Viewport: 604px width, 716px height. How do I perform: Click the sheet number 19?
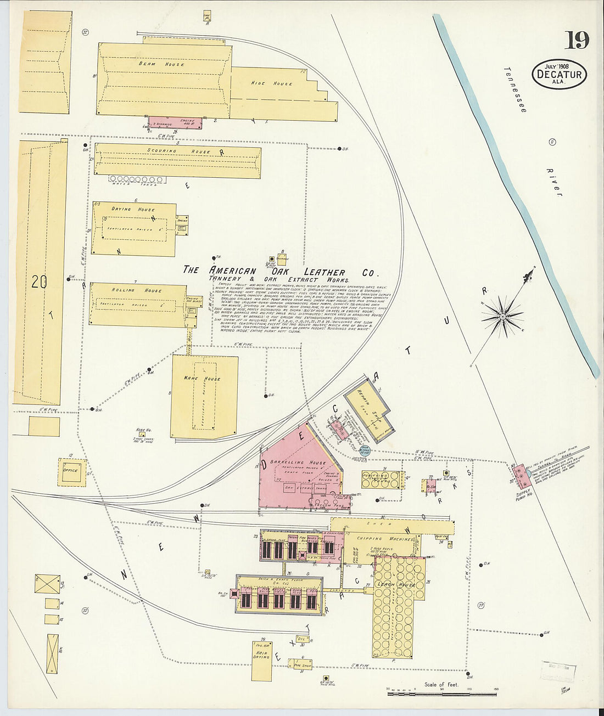[x=577, y=40]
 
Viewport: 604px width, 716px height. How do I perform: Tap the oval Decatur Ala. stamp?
[x=559, y=75]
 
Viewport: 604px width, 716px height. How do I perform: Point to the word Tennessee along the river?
[x=515, y=90]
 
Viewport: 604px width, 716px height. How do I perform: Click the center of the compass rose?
[x=502, y=317]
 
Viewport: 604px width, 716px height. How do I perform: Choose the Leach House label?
[x=395, y=585]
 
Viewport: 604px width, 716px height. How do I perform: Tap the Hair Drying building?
[x=262, y=656]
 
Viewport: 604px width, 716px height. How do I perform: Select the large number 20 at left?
[x=39, y=282]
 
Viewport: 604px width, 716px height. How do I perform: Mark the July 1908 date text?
[x=556, y=64]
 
